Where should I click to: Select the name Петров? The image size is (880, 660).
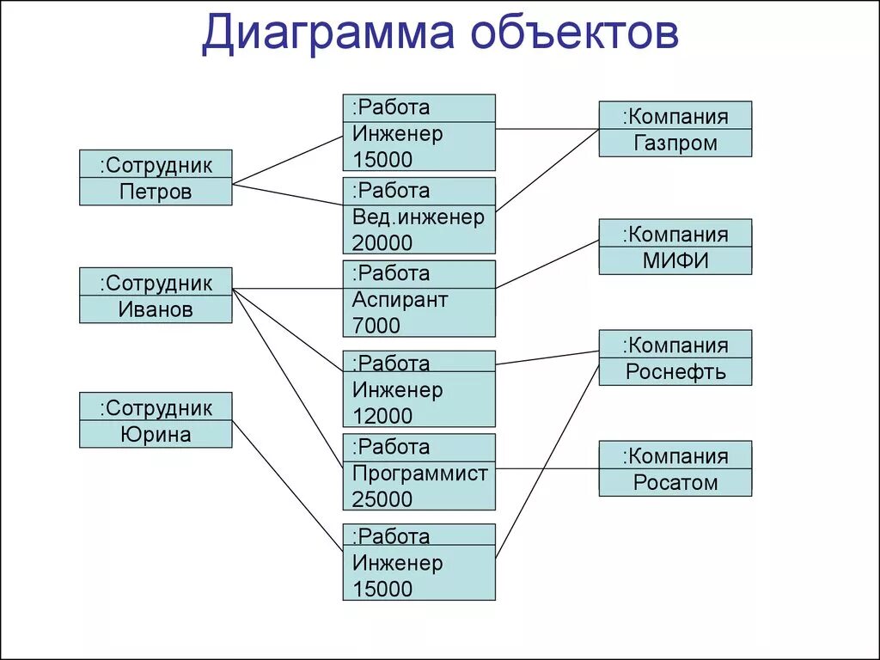tap(156, 192)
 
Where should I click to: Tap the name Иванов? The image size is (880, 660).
tap(156, 309)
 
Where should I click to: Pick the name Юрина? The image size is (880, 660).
tap(156, 434)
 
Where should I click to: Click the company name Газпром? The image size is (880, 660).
tap(675, 143)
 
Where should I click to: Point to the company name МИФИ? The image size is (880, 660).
tap(675, 260)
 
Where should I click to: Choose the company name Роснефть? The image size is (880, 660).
tap(675, 371)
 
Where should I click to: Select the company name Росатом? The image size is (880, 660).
tap(675, 482)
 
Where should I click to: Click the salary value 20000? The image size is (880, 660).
tap(382, 243)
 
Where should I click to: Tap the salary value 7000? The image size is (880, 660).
tap(376, 326)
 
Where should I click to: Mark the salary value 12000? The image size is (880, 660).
tap(382, 416)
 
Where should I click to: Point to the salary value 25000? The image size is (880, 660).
tap(382, 498)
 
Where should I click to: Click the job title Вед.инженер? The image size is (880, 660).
tap(419, 217)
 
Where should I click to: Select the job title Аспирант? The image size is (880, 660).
tap(400, 300)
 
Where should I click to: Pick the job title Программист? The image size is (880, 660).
tap(419, 473)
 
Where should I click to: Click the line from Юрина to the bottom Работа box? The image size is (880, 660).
tap(288, 486)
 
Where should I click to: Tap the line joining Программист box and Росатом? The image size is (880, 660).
tap(547, 468)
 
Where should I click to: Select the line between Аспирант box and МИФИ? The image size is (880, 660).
tap(547, 263)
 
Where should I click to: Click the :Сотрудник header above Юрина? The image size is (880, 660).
tap(156, 407)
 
